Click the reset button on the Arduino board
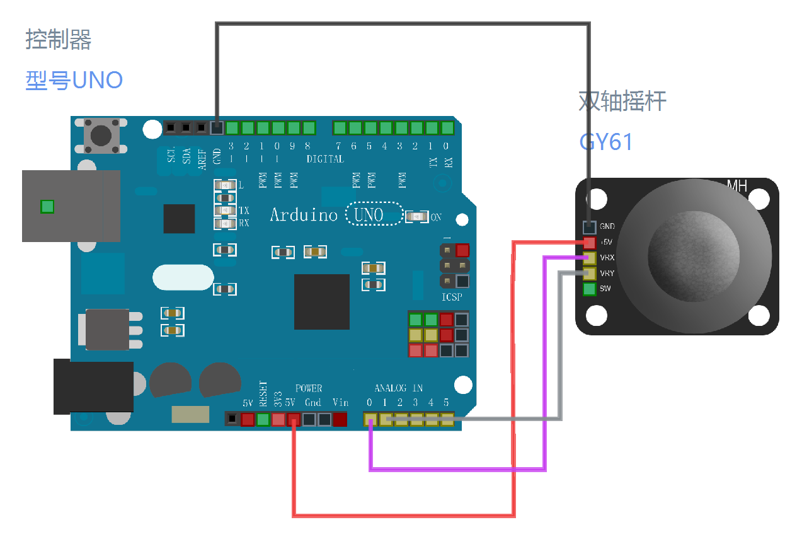(101, 135)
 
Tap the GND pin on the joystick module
(590, 227)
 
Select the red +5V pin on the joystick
(590, 243)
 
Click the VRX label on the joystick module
(607, 258)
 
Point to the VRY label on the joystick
(607, 274)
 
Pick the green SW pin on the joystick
(590, 289)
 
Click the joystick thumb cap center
(693, 255)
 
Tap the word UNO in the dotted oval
(369, 215)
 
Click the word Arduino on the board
(304, 215)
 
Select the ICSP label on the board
(451, 297)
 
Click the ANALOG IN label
(398, 388)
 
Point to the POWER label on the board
(309, 388)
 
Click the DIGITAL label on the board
(325, 159)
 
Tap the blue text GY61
(606, 142)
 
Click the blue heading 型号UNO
(74, 80)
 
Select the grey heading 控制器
(59, 40)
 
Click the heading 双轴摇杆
(622, 101)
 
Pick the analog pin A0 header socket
(370, 419)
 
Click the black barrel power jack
(93, 386)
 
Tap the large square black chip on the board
(321, 302)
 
